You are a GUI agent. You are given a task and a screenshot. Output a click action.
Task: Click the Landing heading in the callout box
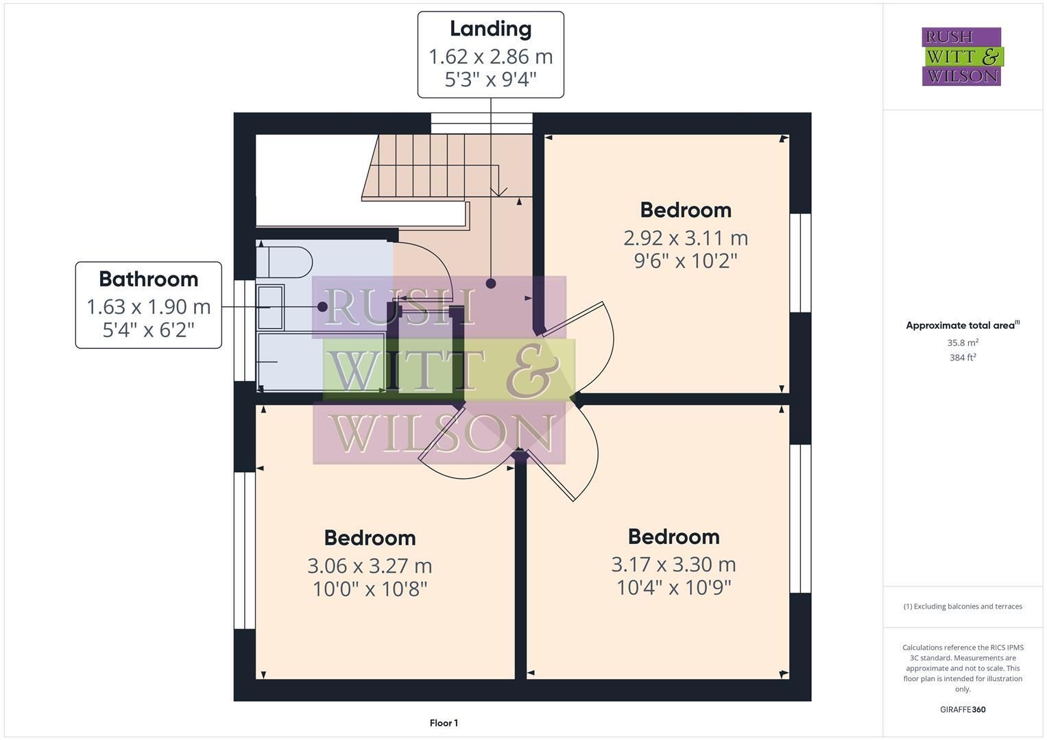click(x=491, y=29)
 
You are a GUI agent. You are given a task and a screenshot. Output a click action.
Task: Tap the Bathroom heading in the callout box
click(x=149, y=280)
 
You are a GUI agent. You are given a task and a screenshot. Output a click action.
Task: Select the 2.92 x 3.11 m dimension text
click(x=686, y=238)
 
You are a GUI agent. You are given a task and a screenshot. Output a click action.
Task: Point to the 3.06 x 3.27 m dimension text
click(x=370, y=566)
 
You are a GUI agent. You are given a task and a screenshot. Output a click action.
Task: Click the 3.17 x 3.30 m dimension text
click(x=673, y=565)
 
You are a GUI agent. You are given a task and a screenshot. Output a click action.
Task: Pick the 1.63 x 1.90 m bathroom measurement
click(x=149, y=307)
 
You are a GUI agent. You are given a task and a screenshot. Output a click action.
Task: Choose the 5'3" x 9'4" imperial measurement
click(x=491, y=79)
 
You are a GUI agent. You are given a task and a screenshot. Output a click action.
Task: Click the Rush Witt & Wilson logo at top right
click(x=963, y=56)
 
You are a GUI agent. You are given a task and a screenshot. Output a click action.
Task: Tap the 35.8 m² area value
click(x=963, y=343)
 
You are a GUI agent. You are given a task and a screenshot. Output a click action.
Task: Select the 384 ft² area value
click(x=963, y=358)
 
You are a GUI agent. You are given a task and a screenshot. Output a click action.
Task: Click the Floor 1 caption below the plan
click(x=444, y=723)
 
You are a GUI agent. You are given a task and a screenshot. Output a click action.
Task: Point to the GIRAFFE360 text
click(x=963, y=710)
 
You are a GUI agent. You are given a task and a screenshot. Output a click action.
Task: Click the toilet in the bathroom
click(x=284, y=262)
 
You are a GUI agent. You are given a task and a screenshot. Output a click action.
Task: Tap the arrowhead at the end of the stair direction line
click(x=499, y=192)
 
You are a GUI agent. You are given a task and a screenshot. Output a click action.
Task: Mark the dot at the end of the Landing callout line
click(x=491, y=283)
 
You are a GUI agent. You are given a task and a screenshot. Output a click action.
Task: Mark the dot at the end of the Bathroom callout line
click(x=322, y=307)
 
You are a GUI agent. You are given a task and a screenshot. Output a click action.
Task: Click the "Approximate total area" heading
click(x=963, y=325)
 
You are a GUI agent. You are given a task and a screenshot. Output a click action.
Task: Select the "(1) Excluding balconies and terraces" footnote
click(x=963, y=606)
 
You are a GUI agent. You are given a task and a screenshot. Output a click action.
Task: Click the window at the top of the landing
click(x=481, y=123)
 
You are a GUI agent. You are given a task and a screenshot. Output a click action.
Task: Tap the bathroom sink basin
click(x=271, y=308)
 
